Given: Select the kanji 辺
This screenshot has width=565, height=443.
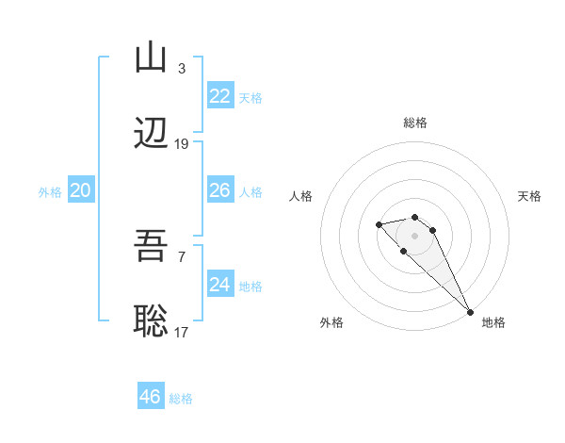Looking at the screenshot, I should pyautogui.click(x=152, y=135).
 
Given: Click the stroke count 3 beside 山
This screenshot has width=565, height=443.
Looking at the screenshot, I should pyautogui.click(x=181, y=68).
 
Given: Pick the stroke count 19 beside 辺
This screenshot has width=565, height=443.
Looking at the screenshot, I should pyautogui.click(x=182, y=144).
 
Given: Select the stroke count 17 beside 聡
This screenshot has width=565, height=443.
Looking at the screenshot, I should pyautogui.click(x=182, y=332).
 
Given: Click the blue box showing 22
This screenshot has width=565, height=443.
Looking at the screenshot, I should pyautogui.click(x=220, y=96).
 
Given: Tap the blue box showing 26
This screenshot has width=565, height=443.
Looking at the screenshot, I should pyautogui.click(x=220, y=190).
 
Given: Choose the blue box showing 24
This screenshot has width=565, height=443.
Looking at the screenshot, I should pyautogui.click(x=220, y=285).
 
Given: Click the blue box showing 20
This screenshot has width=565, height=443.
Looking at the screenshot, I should pyautogui.click(x=81, y=190).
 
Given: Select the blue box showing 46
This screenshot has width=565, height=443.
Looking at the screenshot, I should pyautogui.click(x=151, y=397).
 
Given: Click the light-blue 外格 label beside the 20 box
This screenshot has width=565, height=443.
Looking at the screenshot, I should pyautogui.click(x=50, y=191).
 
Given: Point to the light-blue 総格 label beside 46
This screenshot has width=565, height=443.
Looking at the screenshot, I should pyautogui.click(x=181, y=398).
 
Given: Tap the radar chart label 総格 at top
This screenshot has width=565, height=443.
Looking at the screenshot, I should pyautogui.click(x=415, y=123).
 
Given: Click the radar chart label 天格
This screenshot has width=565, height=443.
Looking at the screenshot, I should pyautogui.click(x=529, y=196).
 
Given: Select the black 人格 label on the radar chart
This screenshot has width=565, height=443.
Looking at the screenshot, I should pyautogui.click(x=301, y=196).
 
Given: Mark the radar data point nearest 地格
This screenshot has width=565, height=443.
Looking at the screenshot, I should pyautogui.click(x=470, y=312).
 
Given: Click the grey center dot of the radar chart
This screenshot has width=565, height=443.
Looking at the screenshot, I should pyautogui.click(x=415, y=235).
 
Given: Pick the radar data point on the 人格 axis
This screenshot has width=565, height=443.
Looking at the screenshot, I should pyautogui.click(x=379, y=224).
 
